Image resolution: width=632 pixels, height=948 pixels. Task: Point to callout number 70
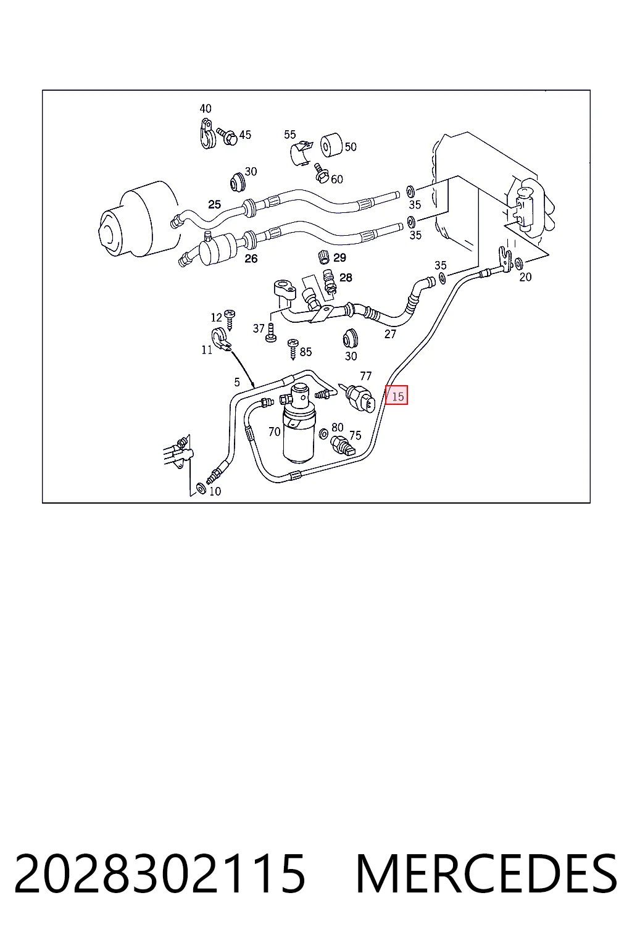click(x=274, y=431)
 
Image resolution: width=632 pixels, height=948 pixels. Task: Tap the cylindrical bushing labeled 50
click(x=331, y=145)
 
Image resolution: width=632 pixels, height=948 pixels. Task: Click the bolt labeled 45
click(x=227, y=136)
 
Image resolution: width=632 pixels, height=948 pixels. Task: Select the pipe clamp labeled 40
click(x=206, y=134)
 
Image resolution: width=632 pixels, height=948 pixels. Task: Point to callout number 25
click(x=215, y=204)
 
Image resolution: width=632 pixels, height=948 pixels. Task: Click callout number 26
click(x=251, y=258)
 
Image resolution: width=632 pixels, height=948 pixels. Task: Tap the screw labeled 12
click(x=230, y=320)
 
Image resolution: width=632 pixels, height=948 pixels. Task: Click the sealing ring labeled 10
click(x=201, y=488)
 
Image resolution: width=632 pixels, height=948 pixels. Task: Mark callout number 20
click(x=525, y=276)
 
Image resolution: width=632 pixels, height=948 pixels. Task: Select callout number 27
click(x=390, y=334)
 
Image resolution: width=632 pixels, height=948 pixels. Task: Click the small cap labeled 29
click(x=323, y=257)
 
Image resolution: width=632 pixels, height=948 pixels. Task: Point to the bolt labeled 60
click(x=322, y=173)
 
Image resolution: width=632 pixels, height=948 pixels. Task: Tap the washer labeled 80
click(x=323, y=433)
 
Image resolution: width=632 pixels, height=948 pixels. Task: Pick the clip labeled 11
click(x=220, y=339)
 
